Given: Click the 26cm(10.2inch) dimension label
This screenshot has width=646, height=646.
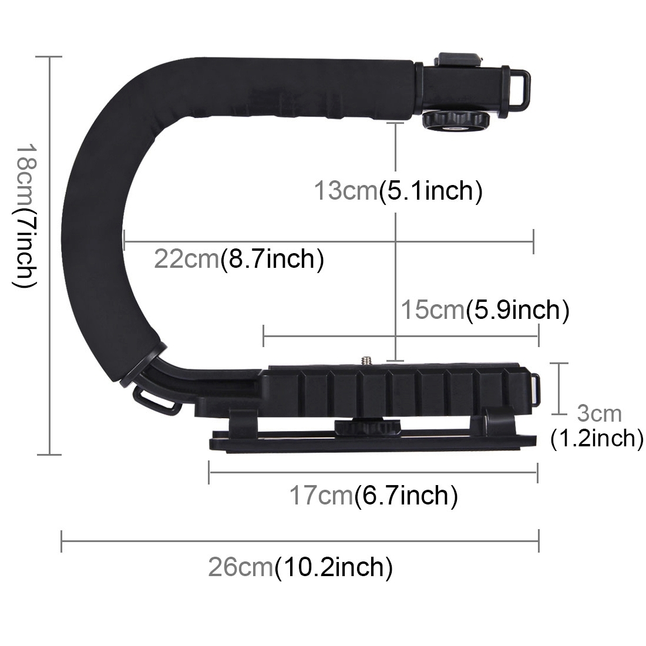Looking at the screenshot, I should [300, 567].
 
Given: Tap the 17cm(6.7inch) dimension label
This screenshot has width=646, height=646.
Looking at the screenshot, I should [373, 496].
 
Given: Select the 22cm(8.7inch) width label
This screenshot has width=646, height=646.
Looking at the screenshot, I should [238, 258].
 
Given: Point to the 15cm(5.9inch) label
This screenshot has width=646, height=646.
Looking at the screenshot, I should [484, 310].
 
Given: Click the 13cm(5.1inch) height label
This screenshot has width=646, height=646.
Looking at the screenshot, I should [398, 191].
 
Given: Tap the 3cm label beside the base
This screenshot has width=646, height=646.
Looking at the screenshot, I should [598, 413].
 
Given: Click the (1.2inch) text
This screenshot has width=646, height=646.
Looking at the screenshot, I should [597, 438].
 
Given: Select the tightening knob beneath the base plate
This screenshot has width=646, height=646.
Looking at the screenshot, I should [359, 427].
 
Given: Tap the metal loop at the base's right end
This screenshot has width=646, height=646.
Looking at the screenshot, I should [536, 389].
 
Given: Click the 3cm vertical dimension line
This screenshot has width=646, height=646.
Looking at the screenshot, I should [559, 388].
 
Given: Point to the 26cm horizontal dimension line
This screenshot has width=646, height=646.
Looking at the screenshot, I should [300, 541].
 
